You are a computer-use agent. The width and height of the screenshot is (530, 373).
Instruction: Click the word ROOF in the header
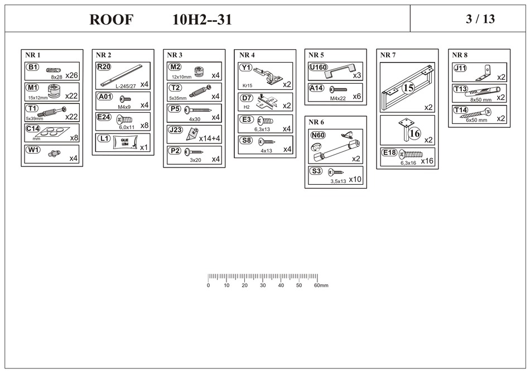111,20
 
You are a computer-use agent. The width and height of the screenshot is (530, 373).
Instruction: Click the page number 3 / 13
480,19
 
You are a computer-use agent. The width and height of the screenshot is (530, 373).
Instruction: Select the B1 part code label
33,68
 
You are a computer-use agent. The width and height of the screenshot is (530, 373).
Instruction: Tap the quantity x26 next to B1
71,75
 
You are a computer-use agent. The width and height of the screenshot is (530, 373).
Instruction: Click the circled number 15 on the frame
408,88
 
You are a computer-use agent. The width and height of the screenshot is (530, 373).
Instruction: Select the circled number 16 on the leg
415,133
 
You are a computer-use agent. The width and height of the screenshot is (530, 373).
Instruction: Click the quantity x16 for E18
427,161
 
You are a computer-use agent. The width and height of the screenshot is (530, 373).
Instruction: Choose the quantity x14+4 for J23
209,137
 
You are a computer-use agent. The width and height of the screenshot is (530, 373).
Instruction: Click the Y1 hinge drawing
266,74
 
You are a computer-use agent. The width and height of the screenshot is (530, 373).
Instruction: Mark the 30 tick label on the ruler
263,285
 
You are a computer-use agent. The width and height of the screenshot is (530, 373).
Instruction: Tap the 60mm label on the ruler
321,285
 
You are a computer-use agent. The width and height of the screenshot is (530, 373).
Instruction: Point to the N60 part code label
317,135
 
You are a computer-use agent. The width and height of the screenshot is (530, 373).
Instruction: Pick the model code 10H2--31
202,20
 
